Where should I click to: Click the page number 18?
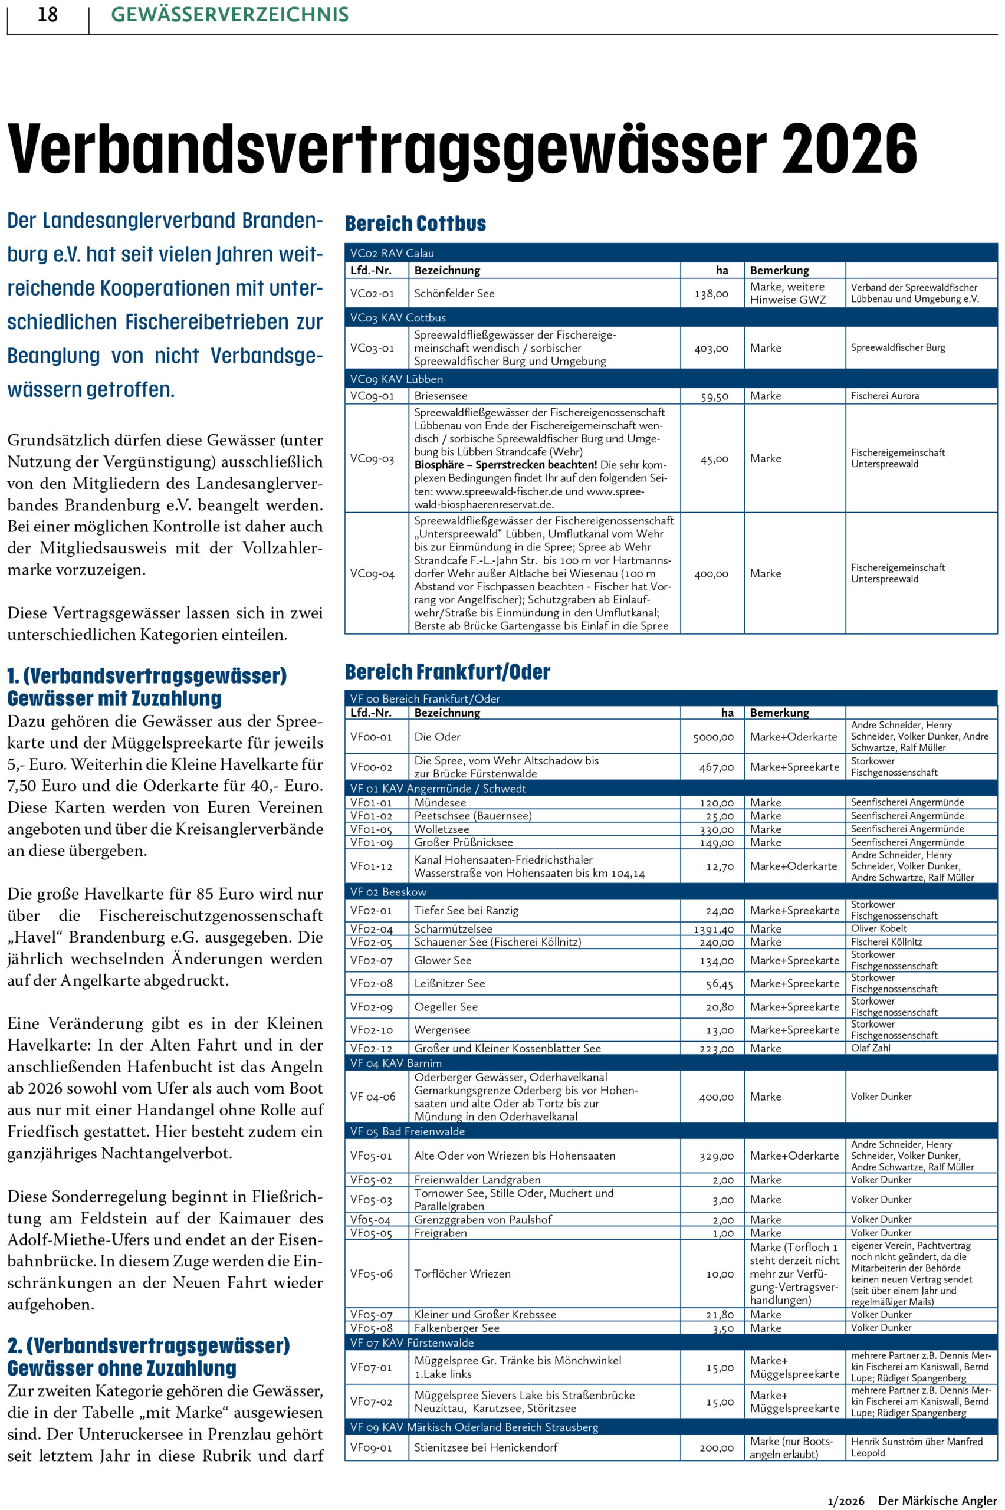(47, 15)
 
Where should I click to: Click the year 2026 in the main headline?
(849, 149)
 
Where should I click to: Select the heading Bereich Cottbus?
(415, 224)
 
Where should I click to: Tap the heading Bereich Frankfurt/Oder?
(448, 672)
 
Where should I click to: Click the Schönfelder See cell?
(454, 294)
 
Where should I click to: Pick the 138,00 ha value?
(711, 294)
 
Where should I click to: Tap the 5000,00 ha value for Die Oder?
(712, 738)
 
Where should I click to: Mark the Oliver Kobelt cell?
(879, 928)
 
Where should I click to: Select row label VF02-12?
(371, 1049)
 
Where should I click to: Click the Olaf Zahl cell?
(871, 1048)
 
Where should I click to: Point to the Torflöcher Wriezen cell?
(462, 1274)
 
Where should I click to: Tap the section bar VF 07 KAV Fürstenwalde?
(412, 1342)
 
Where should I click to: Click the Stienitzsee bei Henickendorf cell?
(486, 1448)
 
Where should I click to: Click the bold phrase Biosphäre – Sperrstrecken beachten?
(505, 465)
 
